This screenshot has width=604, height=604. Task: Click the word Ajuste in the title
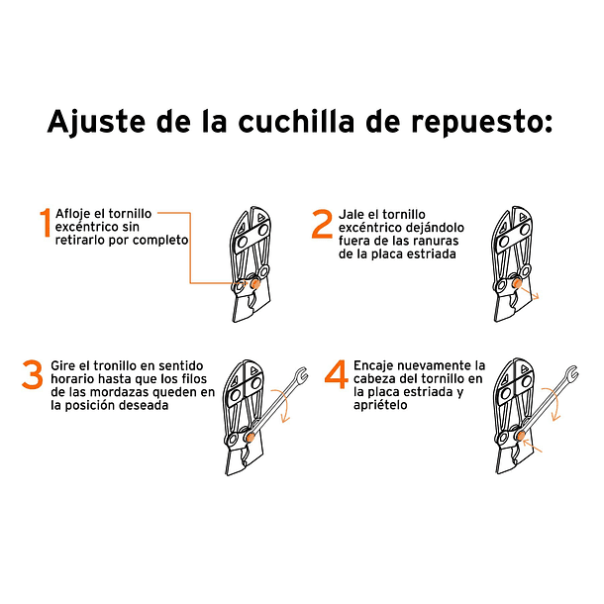click(96, 122)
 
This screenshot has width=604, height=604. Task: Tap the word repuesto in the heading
click(481, 123)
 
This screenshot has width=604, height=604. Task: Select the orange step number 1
click(46, 222)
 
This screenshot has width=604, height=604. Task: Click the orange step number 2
click(322, 224)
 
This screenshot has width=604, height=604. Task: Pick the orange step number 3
click(33, 374)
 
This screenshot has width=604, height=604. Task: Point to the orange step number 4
click(337, 374)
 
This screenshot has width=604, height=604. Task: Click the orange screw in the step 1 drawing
click(255, 284)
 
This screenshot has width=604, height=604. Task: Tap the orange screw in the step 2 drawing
click(517, 284)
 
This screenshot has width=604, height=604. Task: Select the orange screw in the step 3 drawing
click(251, 437)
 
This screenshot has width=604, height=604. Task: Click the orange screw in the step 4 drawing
click(521, 436)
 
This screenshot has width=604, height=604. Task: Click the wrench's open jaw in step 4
click(572, 373)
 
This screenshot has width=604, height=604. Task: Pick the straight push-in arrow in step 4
click(532, 447)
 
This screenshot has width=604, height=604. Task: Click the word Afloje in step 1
click(72, 214)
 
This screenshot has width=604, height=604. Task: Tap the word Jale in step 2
click(352, 215)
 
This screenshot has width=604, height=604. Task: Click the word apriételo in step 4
click(380, 406)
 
